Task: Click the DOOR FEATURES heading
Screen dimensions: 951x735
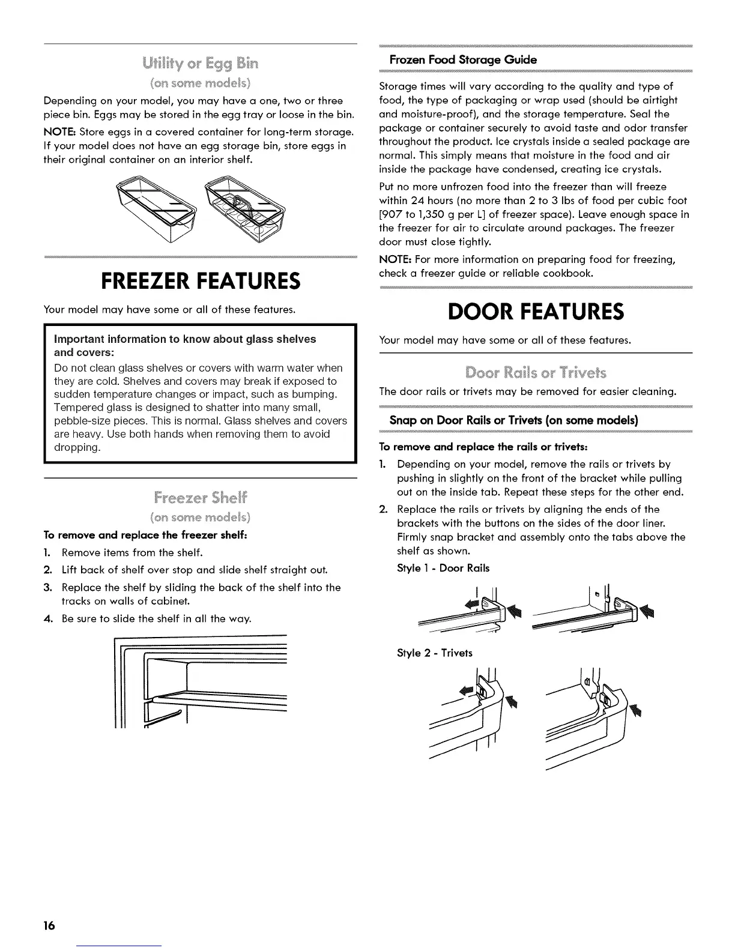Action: click(536, 312)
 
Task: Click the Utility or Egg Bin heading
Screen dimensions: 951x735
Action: click(200, 63)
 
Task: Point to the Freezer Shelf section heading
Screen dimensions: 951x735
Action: click(200, 498)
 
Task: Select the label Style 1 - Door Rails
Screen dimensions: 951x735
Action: click(443, 567)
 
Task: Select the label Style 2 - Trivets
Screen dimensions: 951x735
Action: click(435, 653)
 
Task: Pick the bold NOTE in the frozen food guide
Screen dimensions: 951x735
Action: click(395, 259)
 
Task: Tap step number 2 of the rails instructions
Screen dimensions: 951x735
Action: click(384, 509)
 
